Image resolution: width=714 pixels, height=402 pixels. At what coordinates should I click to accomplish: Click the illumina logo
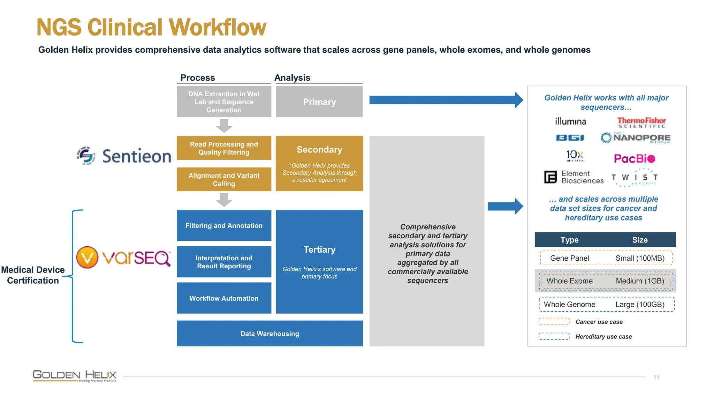570,121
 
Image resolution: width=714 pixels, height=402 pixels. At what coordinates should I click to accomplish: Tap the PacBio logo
635,159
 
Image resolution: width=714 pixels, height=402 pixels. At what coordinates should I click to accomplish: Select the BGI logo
570,138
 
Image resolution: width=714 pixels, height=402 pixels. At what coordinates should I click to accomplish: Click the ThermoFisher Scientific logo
641,123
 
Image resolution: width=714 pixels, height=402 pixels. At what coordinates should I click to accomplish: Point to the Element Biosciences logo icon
550,177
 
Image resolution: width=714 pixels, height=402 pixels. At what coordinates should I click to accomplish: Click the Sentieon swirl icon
86,156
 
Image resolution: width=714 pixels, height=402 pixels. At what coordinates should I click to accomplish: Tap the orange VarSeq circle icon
87,258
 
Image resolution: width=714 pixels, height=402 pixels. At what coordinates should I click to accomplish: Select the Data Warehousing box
269,334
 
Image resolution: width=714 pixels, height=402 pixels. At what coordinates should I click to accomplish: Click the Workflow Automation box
224,298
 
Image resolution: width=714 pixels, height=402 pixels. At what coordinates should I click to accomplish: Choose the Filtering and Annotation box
224,225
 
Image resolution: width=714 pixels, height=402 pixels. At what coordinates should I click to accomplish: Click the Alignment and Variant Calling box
224,179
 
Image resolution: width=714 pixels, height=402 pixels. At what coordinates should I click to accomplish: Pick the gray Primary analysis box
319,102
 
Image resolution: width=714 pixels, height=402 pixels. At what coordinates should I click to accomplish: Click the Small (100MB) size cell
640,258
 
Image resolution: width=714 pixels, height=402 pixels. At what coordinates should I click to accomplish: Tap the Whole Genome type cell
569,304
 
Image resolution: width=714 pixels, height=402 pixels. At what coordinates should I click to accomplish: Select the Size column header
640,240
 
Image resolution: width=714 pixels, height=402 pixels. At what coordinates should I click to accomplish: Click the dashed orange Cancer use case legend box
554,321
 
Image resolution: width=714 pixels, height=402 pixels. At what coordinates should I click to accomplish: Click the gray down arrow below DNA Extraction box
224,126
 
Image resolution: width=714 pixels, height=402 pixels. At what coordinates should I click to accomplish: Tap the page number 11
656,377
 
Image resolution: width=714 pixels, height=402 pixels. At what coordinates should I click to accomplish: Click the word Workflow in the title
218,27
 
